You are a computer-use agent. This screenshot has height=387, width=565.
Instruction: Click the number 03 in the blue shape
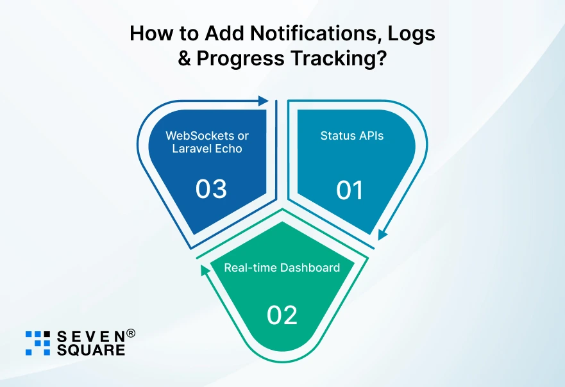(211, 190)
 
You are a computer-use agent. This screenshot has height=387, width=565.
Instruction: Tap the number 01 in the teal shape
(350, 190)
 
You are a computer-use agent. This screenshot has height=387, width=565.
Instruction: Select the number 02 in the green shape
(282, 315)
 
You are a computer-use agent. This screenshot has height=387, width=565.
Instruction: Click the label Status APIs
(352, 136)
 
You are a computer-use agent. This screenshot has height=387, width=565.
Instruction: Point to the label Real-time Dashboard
(282, 267)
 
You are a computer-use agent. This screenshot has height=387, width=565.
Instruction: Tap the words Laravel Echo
(207, 150)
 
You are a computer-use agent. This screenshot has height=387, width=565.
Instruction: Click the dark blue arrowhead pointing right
(262, 101)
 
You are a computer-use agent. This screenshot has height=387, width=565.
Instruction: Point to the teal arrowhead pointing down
(382, 235)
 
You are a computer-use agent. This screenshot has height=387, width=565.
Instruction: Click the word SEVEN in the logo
(89, 337)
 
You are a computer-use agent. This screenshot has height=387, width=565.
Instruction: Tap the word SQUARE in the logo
(91, 350)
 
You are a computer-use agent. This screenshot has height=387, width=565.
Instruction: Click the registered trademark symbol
(130, 333)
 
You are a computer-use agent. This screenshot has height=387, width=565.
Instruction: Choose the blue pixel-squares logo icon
(37, 343)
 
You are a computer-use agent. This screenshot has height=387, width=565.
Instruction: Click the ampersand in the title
(185, 58)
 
